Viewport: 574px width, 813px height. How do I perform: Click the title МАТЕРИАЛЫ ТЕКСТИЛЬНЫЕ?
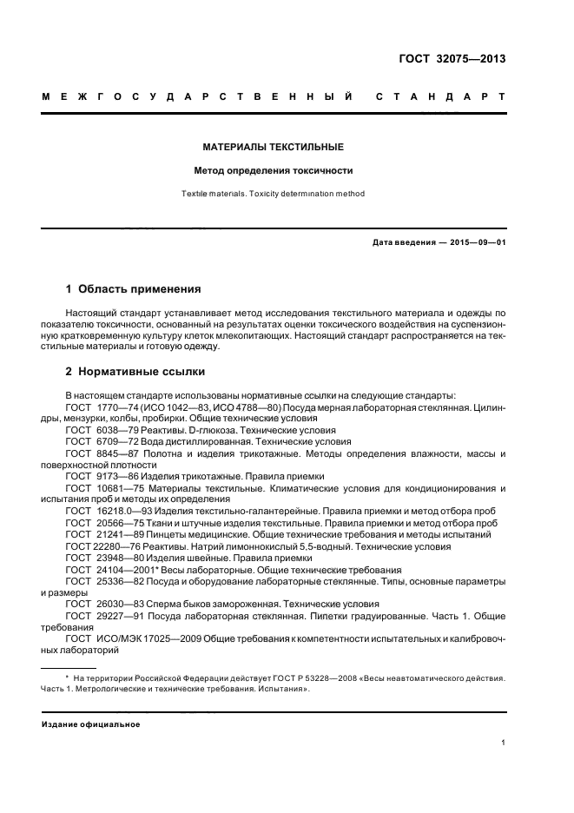274,147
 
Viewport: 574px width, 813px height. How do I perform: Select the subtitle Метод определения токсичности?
274,171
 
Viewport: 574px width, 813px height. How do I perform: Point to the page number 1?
503,743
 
